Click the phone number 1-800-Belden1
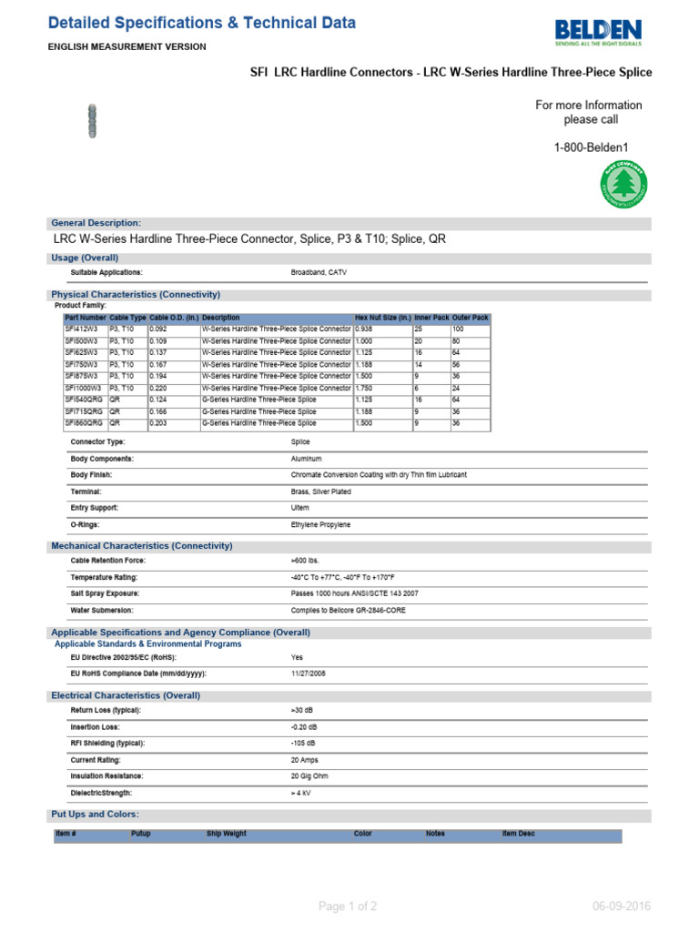pyautogui.click(x=591, y=147)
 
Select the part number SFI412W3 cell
pyautogui.click(x=81, y=329)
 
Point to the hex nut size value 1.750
pyautogui.click(x=364, y=388)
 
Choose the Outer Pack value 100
pyautogui.click(x=459, y=329)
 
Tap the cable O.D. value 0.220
pyautogui.click(x=158, y=388)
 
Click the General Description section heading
pyautogui.click(x=96, y=223)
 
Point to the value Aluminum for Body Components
pyautogui.click(x=307, y=459)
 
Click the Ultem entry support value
pyautogui.click(x=300, y=508)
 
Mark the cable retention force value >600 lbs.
pyautogui.click(x=305, y=561)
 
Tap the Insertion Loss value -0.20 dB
pyautogui.click(x=304, y=727)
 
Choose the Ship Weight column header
pyautogui.click(x=227, y=834)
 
